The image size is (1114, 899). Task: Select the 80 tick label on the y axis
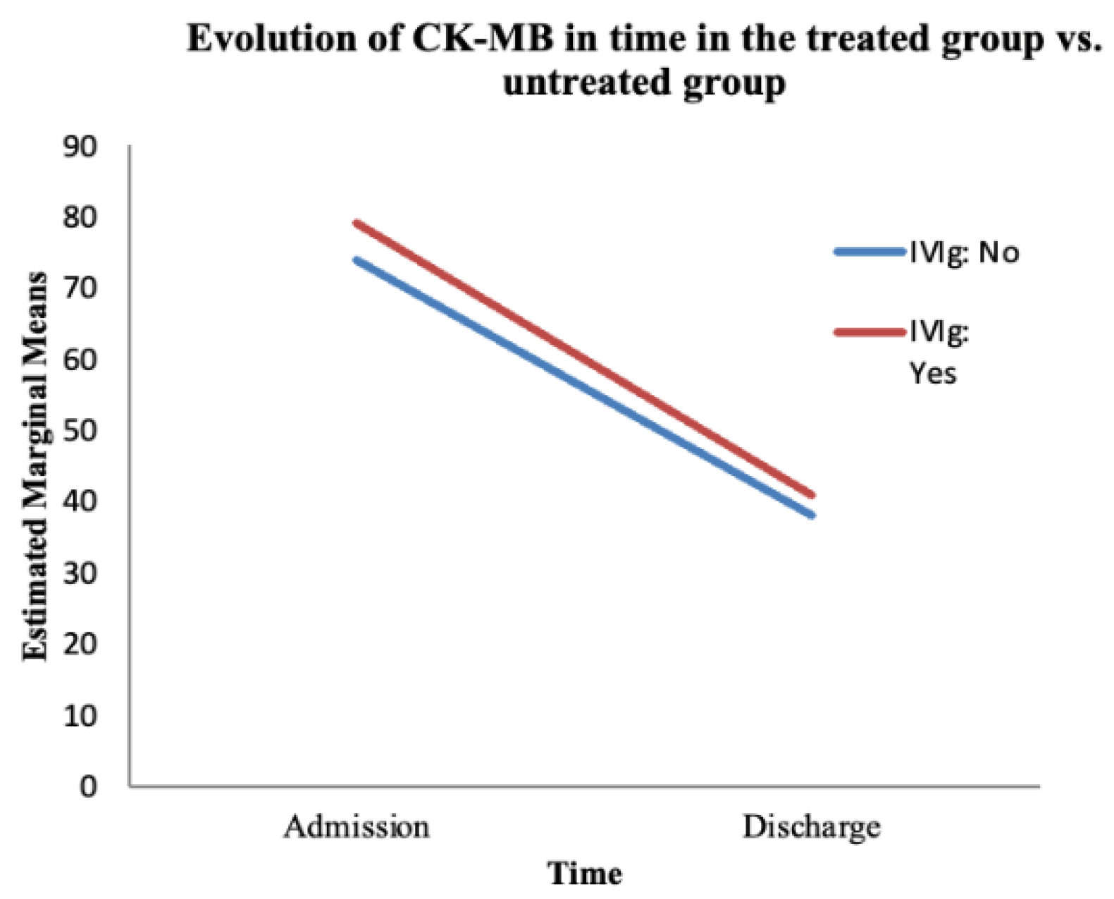[x=80, y=218]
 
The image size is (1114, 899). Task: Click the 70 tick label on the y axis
[x=80, y=289]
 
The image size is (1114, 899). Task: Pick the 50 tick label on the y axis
[x=80, y=431]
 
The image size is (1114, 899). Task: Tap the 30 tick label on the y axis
[x=80, y=573]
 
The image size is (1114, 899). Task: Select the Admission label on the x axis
[x=357, y=827]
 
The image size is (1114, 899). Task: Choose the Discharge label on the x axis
[x=811, y=827]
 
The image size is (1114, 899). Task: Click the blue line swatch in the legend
[x=869, y=252]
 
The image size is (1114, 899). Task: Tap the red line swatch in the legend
[x=869, y=331]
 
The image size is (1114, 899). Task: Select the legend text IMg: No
[x=963, y=252]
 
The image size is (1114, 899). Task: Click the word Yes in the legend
[x=932, y=373]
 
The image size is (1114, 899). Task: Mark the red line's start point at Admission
[x=357, y=224]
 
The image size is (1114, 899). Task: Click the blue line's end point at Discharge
[x=812, y=515]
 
